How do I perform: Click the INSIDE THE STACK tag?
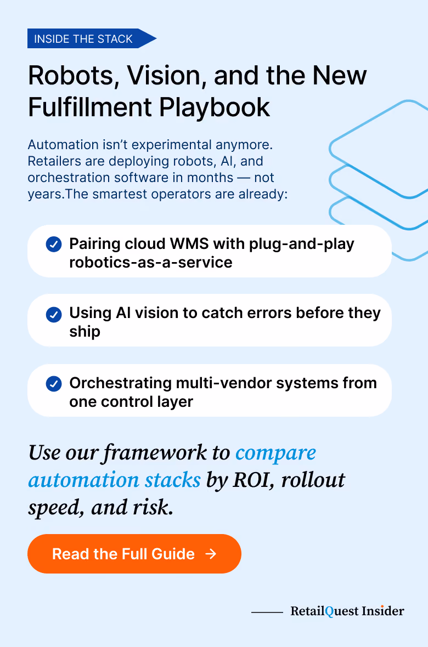92,38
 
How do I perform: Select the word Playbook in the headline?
215,108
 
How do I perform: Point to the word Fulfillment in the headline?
91,107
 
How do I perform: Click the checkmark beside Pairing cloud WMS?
54,245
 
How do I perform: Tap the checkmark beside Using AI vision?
54,314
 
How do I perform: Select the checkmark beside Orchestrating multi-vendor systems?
54,384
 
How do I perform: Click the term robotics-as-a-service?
151,263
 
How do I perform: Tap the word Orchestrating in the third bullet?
121,384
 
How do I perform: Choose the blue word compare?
275,453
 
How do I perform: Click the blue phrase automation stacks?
115,480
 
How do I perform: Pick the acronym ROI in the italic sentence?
252,480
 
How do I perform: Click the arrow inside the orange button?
211,554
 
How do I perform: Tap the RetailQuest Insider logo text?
347,611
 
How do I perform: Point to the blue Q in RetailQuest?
329,611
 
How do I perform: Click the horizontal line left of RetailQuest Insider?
267,612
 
